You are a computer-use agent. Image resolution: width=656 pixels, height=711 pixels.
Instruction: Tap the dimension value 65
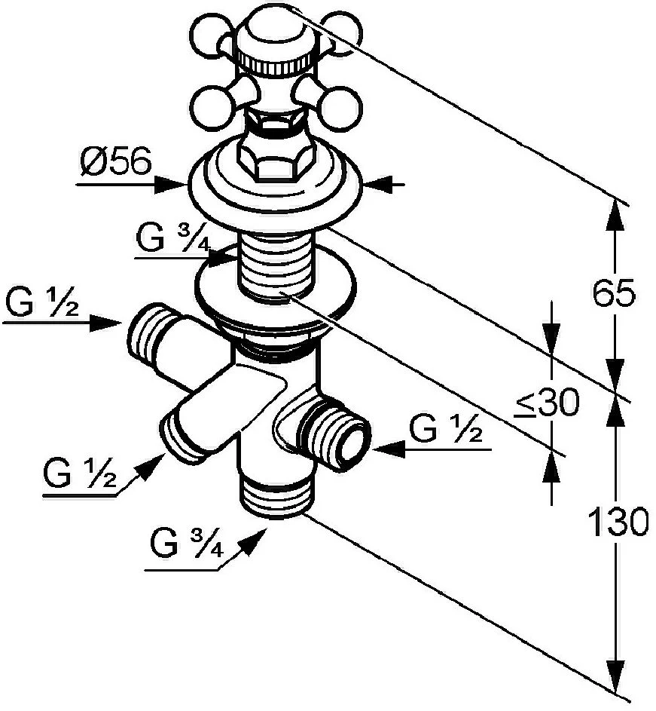(x=614, y=293)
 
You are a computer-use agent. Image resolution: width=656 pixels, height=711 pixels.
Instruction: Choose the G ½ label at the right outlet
(x=446, y=430)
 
